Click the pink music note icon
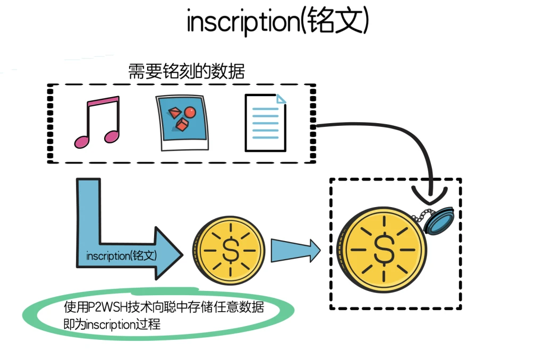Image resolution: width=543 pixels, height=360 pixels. [97, 122]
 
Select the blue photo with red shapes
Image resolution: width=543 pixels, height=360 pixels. [181, 122]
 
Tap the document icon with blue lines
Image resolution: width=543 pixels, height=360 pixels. [265, 123]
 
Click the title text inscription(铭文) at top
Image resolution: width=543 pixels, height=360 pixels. [277, 22]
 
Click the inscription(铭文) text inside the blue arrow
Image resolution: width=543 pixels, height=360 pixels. [122, 256]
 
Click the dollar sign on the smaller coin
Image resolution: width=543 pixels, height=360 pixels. [230, 250]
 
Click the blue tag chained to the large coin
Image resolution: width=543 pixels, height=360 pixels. [440, 221]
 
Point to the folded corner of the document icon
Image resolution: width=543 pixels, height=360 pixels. [281, 99]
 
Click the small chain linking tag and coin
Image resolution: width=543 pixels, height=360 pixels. [418, 215]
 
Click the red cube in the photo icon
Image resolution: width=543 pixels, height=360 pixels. [182, 126]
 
